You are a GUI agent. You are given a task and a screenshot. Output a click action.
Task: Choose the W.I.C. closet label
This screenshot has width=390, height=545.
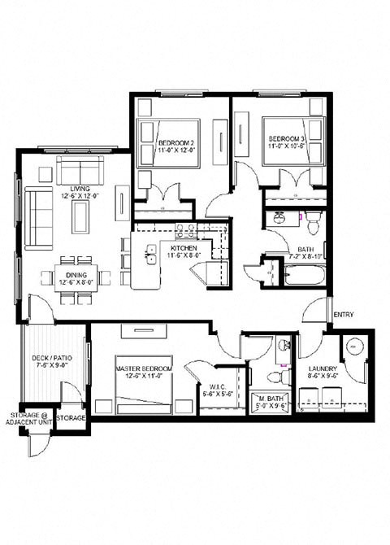coord(212,388)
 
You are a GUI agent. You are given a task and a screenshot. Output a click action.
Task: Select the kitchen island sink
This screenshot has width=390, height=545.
coord(150,259)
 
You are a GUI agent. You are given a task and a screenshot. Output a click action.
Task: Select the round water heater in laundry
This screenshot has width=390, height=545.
coord(354,346)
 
